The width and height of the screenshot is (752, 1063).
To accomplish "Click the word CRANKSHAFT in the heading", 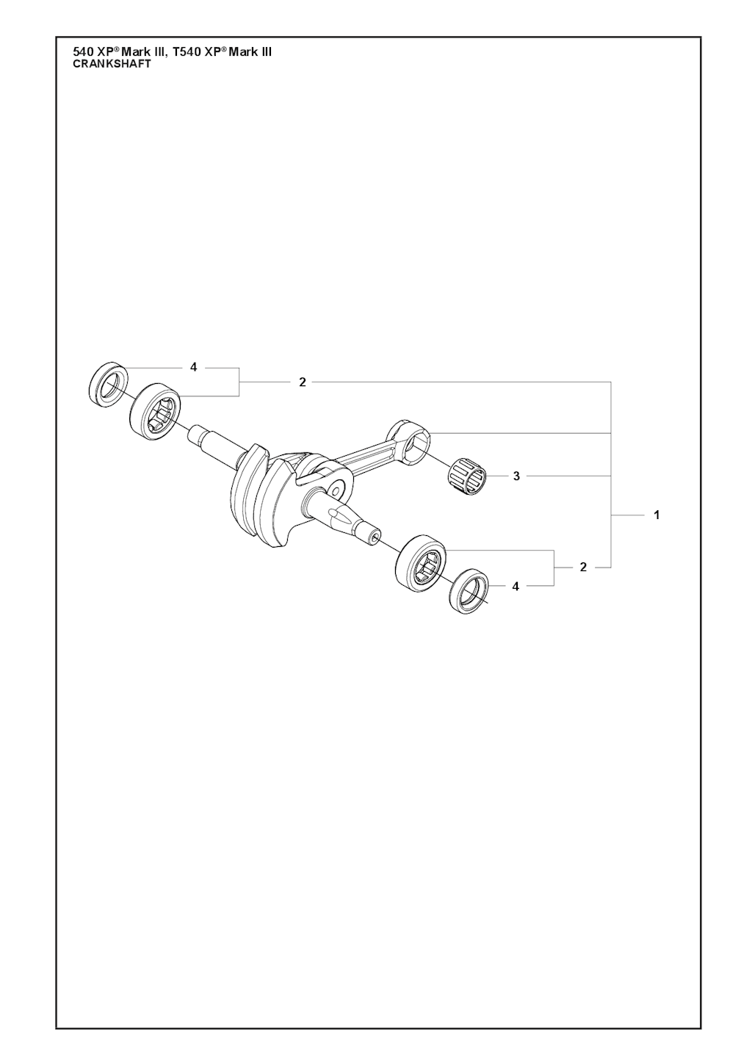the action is point(112,65).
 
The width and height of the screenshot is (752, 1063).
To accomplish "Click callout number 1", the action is point(657,515).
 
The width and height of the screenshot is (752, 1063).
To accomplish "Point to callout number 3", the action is point(517,476).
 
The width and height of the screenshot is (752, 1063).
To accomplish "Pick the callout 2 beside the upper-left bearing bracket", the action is point(303,382).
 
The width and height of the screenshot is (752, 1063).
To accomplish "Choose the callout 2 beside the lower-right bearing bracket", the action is point(583,567).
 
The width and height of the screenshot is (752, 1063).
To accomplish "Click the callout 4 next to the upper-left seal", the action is point(193,367).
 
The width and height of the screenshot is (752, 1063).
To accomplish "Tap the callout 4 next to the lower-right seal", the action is point(516,587).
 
